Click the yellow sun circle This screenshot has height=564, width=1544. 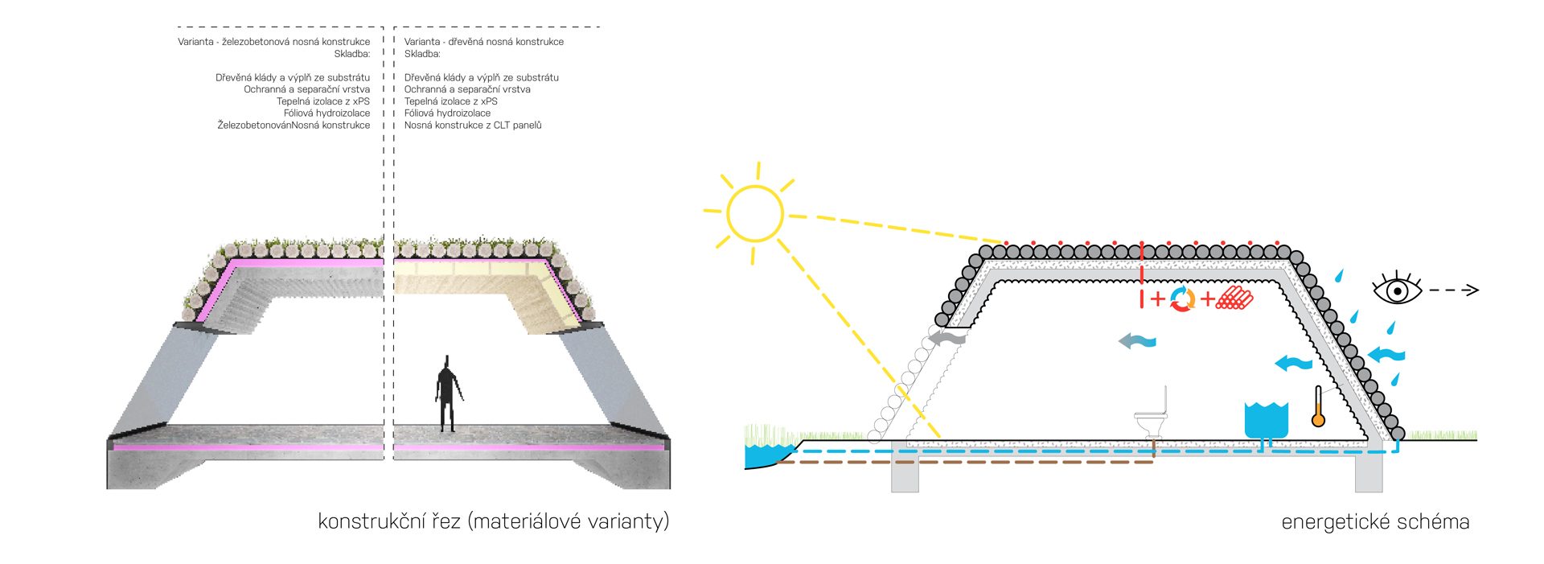[x=754, y=213]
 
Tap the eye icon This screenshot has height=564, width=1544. [x=1397, y=289]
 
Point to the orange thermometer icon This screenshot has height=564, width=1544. [x=1317, y=407]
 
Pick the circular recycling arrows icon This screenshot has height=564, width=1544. [x=1182, y=299]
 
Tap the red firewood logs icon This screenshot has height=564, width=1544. [x=1234, y=298]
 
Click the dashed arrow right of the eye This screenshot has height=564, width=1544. [x=1454, y=290]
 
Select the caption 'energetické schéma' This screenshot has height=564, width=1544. [x=1375, y=522]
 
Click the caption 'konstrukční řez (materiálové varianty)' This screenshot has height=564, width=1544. [x=493, y=521]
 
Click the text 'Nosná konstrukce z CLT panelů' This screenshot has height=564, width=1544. [x=473, y=126]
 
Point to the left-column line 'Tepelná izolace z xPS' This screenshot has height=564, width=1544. [x=323, y=101]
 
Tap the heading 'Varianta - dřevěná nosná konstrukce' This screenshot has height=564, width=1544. [x=483, y=42]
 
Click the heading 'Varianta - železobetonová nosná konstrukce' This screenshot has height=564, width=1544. [x=273, y=42]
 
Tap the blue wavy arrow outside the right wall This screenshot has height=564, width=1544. [x=1386, y=353]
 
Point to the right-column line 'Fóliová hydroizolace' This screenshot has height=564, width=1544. [x=447, y=113]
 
